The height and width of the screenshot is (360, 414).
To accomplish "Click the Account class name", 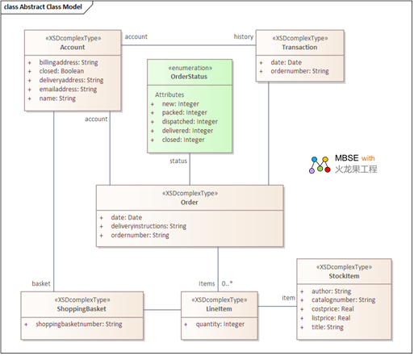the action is (73, 48).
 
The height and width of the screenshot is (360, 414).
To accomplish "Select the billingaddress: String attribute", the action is (69, 62).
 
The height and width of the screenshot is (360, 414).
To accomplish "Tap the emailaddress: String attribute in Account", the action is (68, 90).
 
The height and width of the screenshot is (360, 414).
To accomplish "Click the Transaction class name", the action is (299, 48).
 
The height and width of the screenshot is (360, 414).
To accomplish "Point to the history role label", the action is (244, 36).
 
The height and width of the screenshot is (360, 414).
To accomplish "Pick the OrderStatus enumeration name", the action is (189, 77).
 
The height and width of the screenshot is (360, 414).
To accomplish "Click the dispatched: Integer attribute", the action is (190, 122).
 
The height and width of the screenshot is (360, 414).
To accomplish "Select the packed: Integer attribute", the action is (185, 112).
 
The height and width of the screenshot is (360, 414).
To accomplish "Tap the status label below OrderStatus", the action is (178, 161).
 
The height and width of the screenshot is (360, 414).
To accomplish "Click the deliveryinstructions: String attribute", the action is (148, 226).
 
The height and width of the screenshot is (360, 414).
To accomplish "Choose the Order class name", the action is (190, 203).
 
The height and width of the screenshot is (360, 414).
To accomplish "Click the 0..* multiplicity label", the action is (227, 283).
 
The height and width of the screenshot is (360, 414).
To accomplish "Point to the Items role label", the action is (207, 283).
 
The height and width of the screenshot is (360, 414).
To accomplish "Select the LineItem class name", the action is (219, 309).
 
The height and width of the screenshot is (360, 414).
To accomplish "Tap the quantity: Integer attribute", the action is (220, 324).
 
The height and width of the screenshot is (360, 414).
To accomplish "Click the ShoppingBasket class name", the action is (82, 309).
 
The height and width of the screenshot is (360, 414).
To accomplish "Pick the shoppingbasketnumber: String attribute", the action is (79, 324).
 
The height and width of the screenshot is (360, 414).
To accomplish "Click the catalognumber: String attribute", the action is (344, 300).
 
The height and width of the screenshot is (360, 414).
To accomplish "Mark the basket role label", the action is (41, 283).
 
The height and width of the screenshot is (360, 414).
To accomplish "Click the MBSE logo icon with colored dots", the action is (320, 165).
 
